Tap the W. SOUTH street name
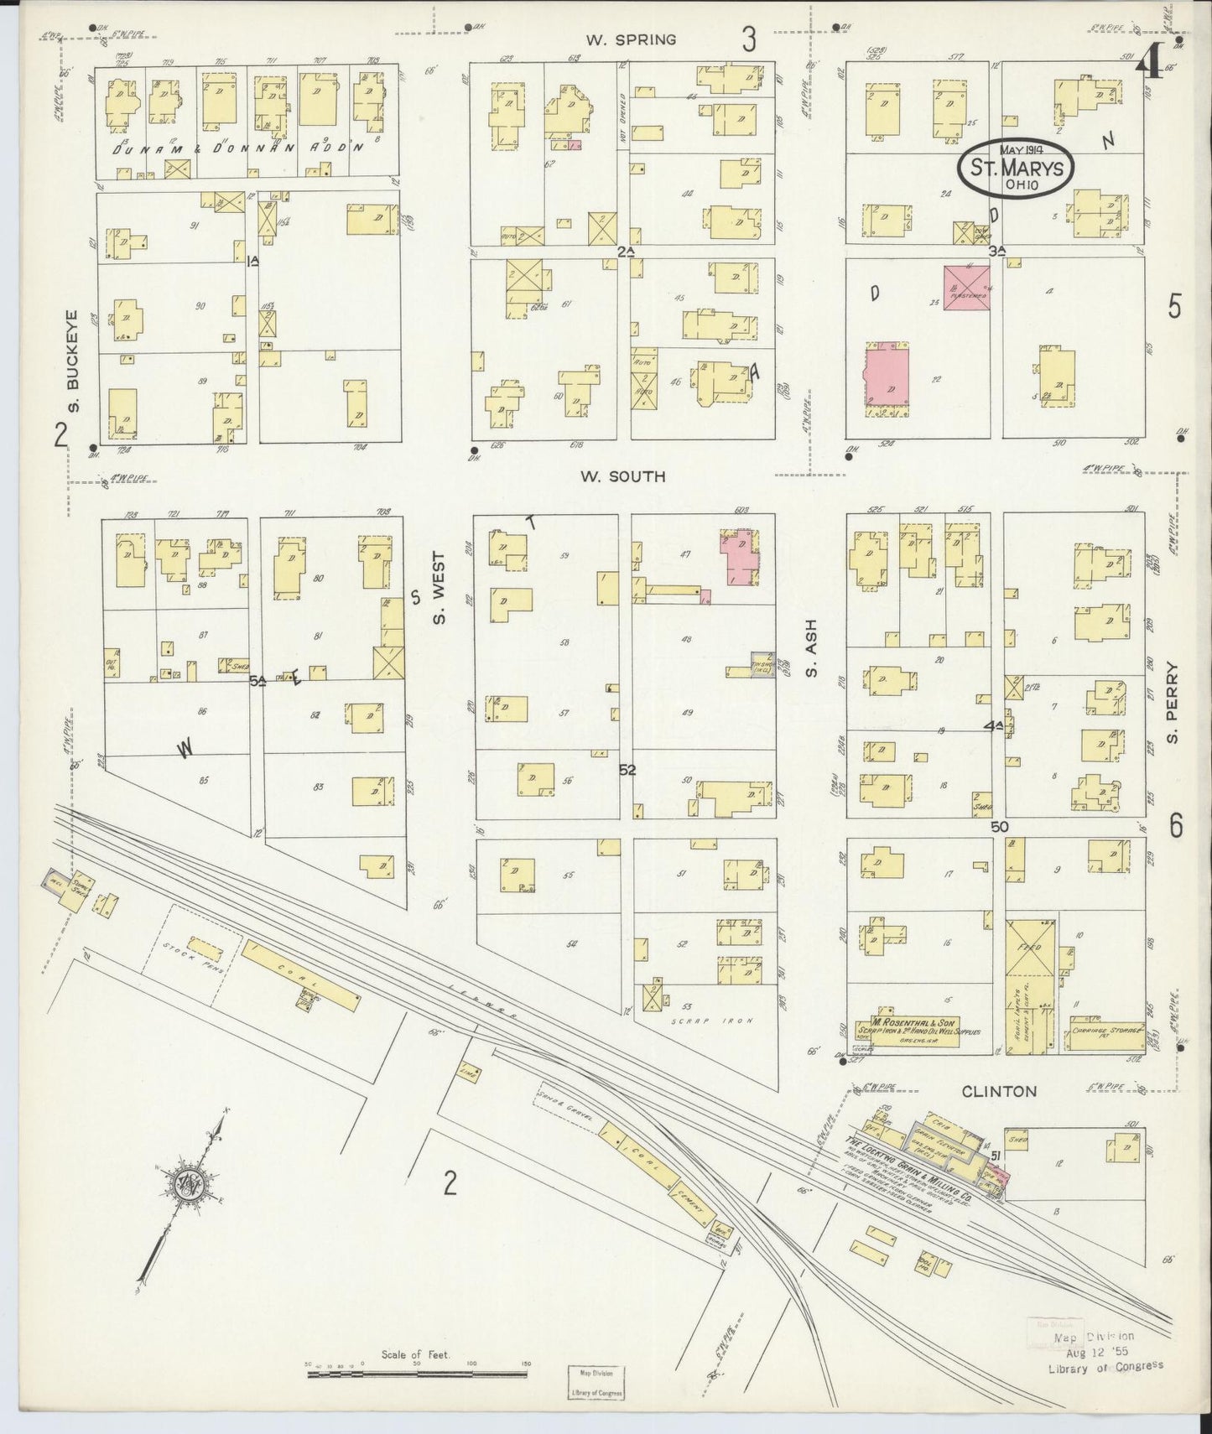pos(623,476)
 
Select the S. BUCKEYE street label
pos(74,361)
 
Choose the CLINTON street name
pos(999,1091)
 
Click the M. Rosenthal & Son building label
pos(917,1025)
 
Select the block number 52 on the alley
pos(627,770)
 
